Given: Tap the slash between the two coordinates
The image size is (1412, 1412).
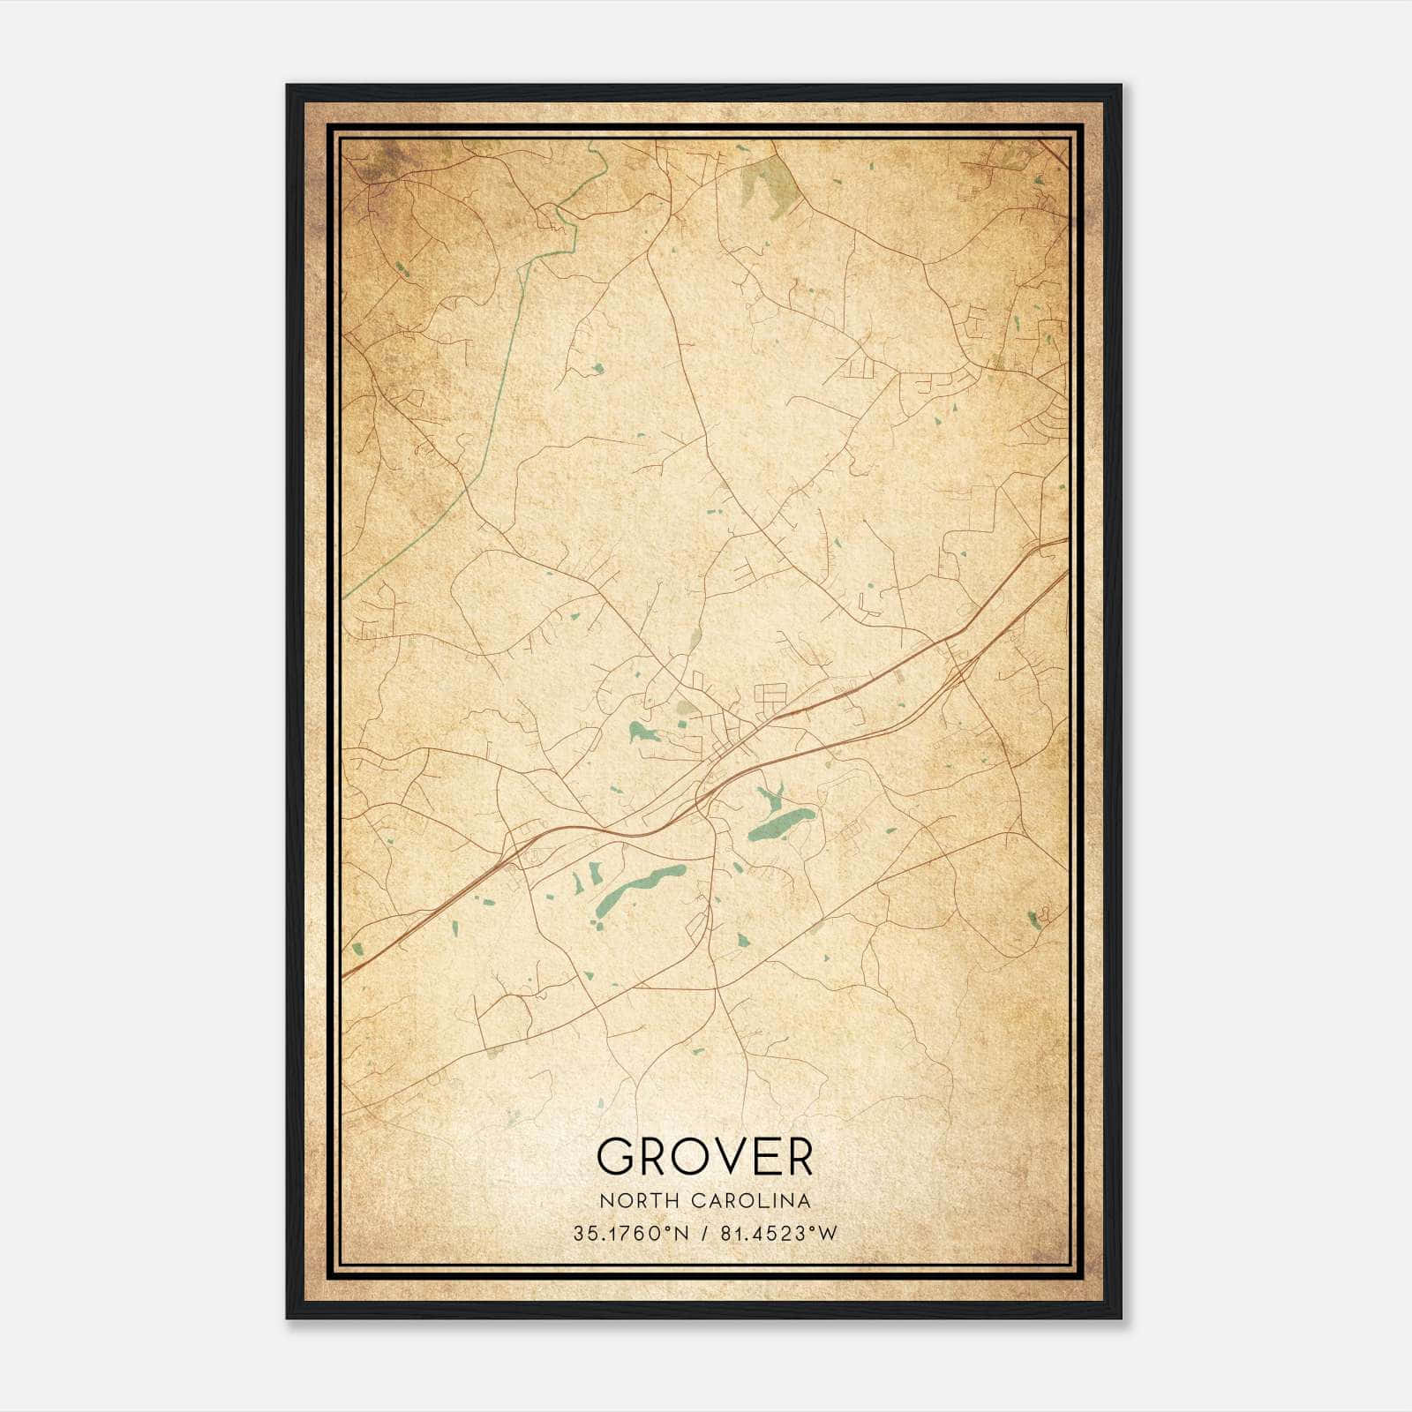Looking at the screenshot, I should (704, 1234).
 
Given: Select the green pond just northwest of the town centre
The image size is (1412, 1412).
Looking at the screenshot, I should (641, 732).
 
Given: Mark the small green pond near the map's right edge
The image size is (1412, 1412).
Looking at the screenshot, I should (1033, 920).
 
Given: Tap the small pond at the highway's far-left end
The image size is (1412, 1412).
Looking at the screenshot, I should (357, 950).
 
